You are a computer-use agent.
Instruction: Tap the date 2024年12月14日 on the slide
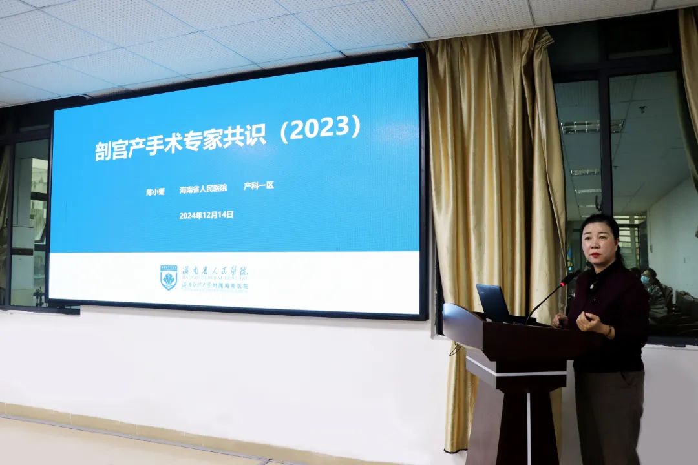(x=206, y=215)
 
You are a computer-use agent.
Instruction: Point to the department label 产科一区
(x=259, y=185)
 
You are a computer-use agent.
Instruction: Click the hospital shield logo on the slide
(x=169, y=277)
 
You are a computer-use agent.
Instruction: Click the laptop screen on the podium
(x=493, y=302)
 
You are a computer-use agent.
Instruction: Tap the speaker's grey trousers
(x=608, y=413)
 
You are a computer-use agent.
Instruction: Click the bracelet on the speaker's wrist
(x=609, y=331)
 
